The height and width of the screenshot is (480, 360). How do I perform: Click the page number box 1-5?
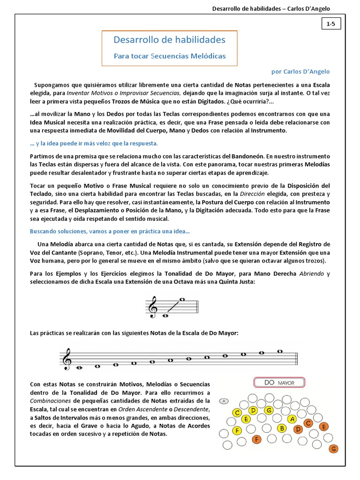330,23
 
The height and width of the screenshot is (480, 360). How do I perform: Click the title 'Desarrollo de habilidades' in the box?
169,39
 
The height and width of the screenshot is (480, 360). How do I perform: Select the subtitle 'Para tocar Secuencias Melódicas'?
170,56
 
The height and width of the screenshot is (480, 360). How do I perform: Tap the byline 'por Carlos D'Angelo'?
300,72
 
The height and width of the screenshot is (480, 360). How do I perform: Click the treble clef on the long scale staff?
67,359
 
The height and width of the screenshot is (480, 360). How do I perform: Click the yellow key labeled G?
269,411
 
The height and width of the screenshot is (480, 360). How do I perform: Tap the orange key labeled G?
334,449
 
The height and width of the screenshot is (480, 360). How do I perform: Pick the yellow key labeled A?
292,419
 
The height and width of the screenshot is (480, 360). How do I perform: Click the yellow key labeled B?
282,428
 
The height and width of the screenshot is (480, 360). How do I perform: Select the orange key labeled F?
256,440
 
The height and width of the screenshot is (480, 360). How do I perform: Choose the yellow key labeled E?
246,419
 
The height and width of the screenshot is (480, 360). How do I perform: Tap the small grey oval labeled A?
224,401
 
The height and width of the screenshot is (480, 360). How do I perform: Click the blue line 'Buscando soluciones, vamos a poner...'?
110,232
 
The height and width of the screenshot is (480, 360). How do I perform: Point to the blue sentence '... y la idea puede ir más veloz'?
94,143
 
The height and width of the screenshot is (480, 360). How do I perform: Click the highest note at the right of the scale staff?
280,351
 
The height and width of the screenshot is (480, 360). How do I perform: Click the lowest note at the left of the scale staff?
80,368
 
